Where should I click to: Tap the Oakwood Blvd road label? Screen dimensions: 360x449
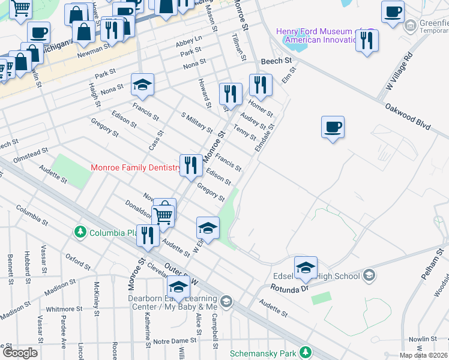click(409, 118)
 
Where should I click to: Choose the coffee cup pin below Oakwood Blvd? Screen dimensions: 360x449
click(333, 128)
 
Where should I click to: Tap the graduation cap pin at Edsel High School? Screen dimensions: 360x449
click(306, 268)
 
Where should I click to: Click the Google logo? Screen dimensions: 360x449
click(20, 353)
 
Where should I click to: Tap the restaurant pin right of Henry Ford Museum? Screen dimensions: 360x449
click(366, 40)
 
